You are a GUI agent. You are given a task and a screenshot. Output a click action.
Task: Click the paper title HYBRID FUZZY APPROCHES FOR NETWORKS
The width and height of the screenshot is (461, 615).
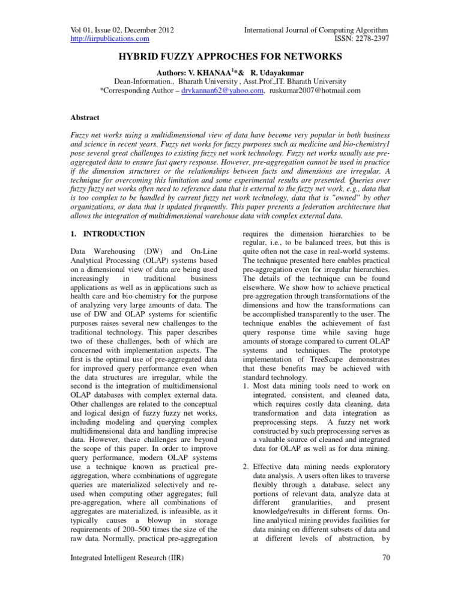[230, 57]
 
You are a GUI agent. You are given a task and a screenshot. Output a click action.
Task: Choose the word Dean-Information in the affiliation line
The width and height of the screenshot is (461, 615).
[140, 81]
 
